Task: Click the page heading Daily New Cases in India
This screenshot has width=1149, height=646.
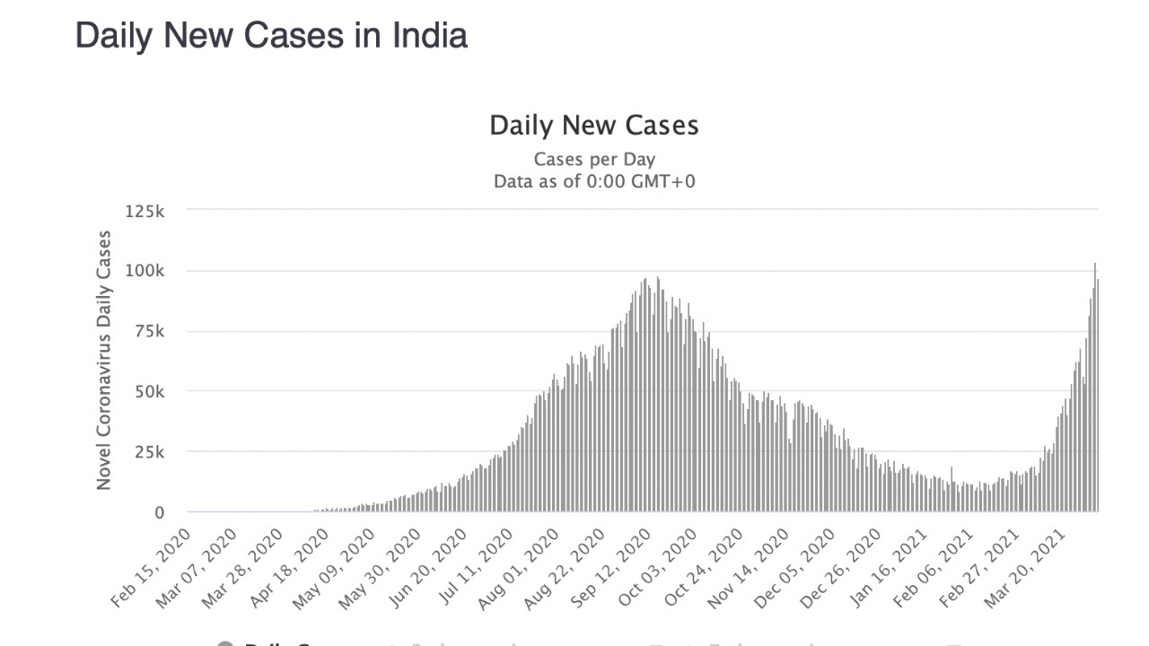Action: pos(271,36)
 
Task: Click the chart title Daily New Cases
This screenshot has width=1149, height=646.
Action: pos(593,125)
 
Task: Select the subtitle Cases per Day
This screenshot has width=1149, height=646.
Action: pos(593,160)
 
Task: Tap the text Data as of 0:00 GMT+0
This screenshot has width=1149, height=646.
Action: pos(593,181)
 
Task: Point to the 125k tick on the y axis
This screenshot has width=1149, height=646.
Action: pos(145,211)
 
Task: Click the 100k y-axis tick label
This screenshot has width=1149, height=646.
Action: pos(145,271)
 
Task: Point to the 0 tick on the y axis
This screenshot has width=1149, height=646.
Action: pos(159,513)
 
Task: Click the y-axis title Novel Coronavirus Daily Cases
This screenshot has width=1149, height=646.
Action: pos(104,360)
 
